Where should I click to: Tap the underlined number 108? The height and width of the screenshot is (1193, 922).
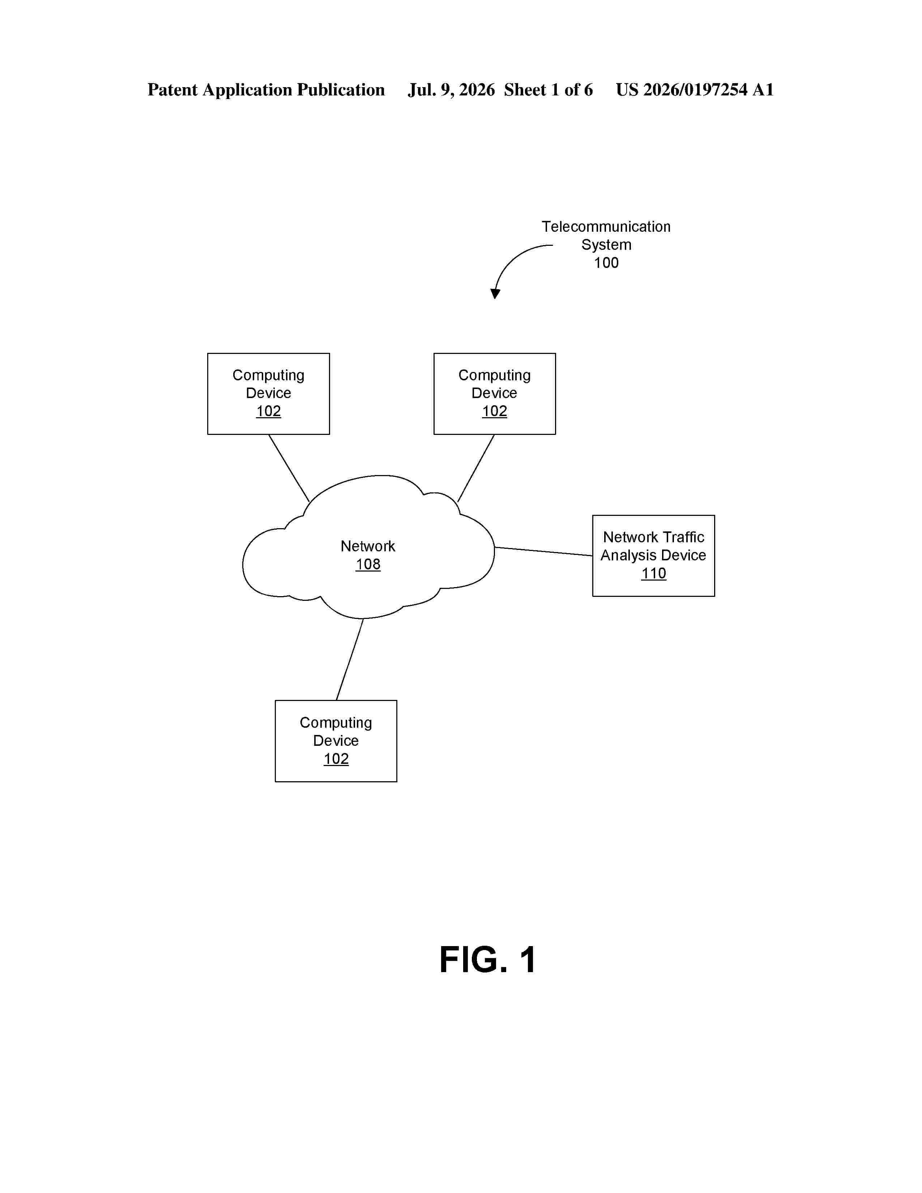tap(368, 564)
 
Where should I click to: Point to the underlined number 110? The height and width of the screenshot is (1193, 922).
tap(653, 574)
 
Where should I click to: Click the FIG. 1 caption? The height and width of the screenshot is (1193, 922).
tap(487, 960)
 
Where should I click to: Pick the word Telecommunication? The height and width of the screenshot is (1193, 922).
tap(606, 227)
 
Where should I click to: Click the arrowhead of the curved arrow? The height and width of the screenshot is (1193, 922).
tap(495, 294)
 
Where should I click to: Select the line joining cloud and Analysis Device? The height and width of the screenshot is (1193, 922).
tap(543, 551)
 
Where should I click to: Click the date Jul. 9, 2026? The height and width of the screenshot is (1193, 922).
tap(451, 90)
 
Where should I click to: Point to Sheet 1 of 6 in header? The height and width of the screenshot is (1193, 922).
tap(548, 90)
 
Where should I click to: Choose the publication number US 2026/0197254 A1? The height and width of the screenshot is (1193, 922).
tap(695, 90)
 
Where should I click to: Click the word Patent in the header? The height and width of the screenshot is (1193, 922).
tap(172, 90)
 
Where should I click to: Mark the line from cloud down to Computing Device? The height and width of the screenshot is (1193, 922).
tap(350, 659)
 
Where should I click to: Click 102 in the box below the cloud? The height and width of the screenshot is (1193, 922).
tap(336, 759)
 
